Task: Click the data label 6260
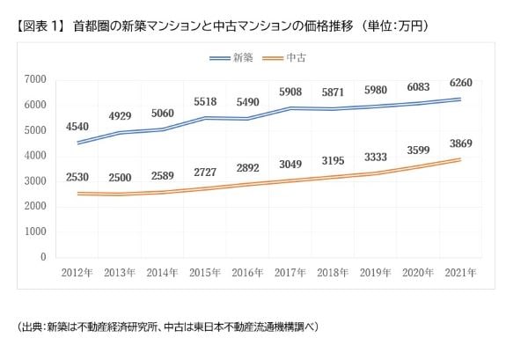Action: tap(460, 84)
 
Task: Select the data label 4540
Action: tap(77, 127)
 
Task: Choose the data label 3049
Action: tap(291, 164)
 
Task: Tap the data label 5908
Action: tap(290, 92)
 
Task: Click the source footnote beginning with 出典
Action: tap(167, 327)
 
